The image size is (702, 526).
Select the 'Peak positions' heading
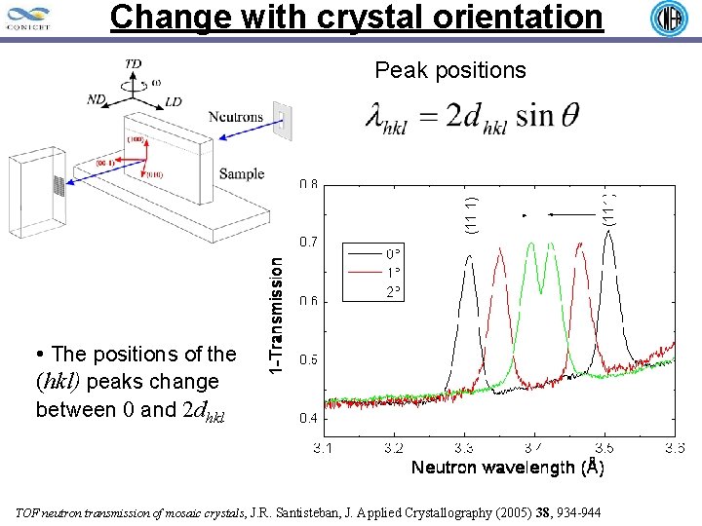click(450, 70)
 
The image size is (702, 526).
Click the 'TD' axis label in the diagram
click(133, 63)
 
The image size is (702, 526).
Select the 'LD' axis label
click(173, 101)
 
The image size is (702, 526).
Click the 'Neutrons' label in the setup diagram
click(236, 117)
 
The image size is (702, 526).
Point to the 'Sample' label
click(241, 174)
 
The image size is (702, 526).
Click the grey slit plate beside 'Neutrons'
click(282, 120)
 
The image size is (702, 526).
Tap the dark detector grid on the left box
click(58, 186)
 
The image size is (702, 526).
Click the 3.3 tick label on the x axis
click(463, 448)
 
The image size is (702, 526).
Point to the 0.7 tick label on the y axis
click(307, 241)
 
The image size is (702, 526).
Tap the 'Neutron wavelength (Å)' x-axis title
click(507, 469)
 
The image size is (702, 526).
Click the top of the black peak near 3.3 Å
click(469, 256)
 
